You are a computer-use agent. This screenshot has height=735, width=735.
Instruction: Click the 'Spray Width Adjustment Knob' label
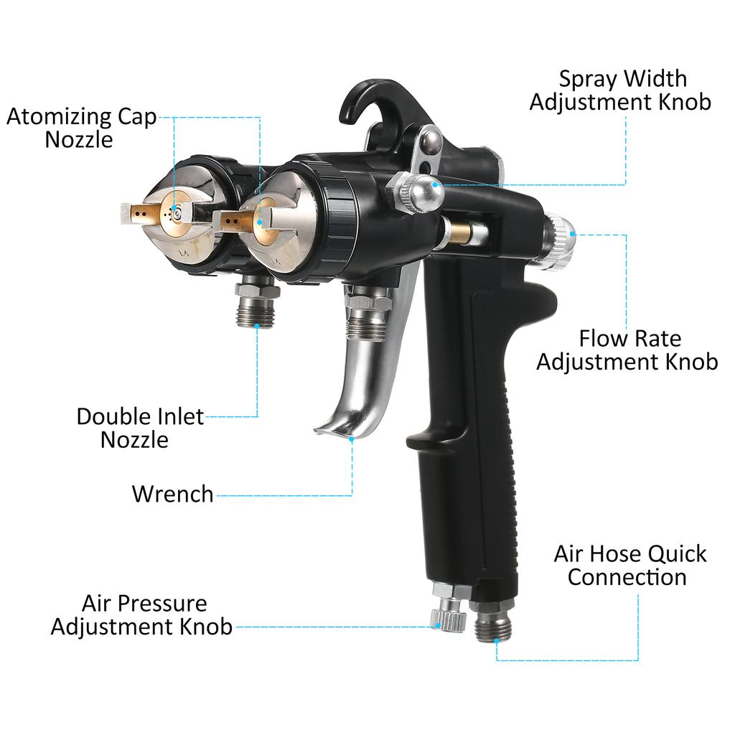point(620,90)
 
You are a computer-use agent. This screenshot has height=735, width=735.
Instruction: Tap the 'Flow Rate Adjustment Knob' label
point(627,350)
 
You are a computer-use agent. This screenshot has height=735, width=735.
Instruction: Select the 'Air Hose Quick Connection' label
point(629,566)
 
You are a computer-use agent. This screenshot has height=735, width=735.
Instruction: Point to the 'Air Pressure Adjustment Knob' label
point(141,615)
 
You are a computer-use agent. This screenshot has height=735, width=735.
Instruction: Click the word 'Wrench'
point(172,494)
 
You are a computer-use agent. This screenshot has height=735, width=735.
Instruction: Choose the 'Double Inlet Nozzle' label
point(140,428)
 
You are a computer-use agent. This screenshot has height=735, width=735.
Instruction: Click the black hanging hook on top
point(378,106)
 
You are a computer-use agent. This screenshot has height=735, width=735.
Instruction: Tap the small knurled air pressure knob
point(449,619)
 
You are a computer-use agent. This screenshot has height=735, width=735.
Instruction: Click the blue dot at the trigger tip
point(352,439)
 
